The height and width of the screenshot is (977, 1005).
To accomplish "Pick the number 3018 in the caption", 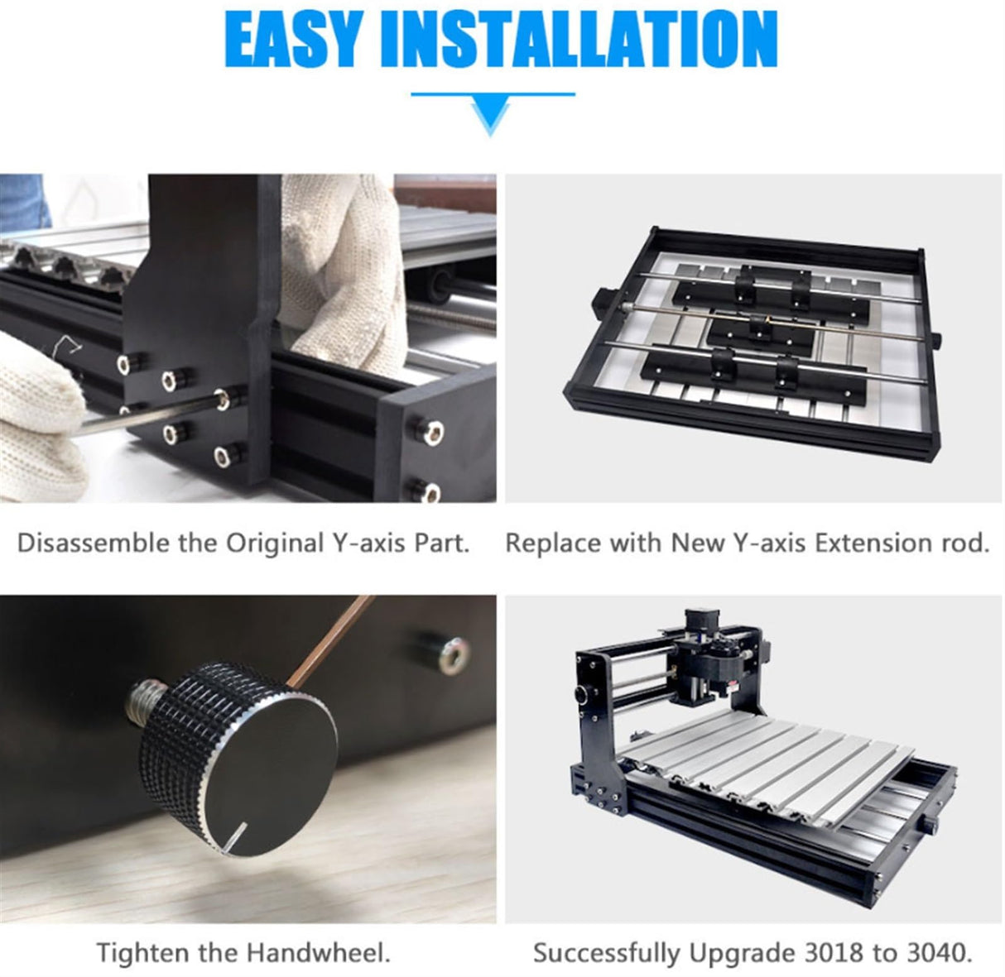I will pos(830,952).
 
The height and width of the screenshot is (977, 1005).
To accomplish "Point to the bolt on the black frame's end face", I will pos(429,431).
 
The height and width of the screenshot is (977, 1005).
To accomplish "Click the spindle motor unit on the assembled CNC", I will pos(712,662).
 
